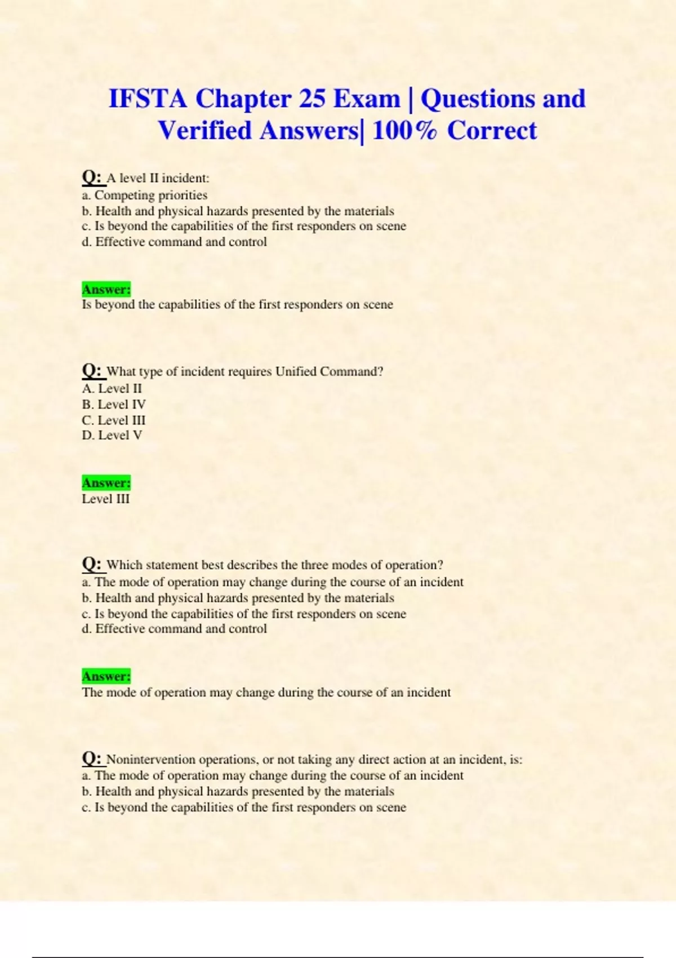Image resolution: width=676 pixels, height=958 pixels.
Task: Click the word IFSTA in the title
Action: click(x=148, y=99)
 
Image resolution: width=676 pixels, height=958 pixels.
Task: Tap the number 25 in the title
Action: click(x=312, y=99)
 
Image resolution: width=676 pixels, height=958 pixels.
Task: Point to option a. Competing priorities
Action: click(x=145, y=195)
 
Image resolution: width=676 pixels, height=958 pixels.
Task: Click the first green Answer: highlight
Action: click(x=106, y=289)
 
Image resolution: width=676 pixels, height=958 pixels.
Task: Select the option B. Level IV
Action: click(x=114, y=404)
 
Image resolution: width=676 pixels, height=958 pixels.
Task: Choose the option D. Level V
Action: click(x=112, y=435)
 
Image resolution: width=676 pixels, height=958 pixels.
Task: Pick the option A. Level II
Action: click(x=112, y=388)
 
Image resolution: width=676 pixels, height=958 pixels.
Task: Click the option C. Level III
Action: click(x=114, y=420)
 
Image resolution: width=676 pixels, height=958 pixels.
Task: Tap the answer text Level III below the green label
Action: click(x=106, y=499)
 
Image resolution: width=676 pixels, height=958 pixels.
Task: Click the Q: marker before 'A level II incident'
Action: click(x=93, y=178)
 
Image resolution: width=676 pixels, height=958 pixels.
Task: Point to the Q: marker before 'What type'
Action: click(x=93, y=371)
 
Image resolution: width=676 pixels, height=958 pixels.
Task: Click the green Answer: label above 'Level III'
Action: click(x=106, y=483)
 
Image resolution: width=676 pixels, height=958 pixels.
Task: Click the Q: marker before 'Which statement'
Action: click(x=93, y=564)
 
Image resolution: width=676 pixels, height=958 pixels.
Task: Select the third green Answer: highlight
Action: click(x=106, y=676)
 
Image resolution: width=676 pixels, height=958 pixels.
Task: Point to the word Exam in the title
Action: click(x=366, y=99)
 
